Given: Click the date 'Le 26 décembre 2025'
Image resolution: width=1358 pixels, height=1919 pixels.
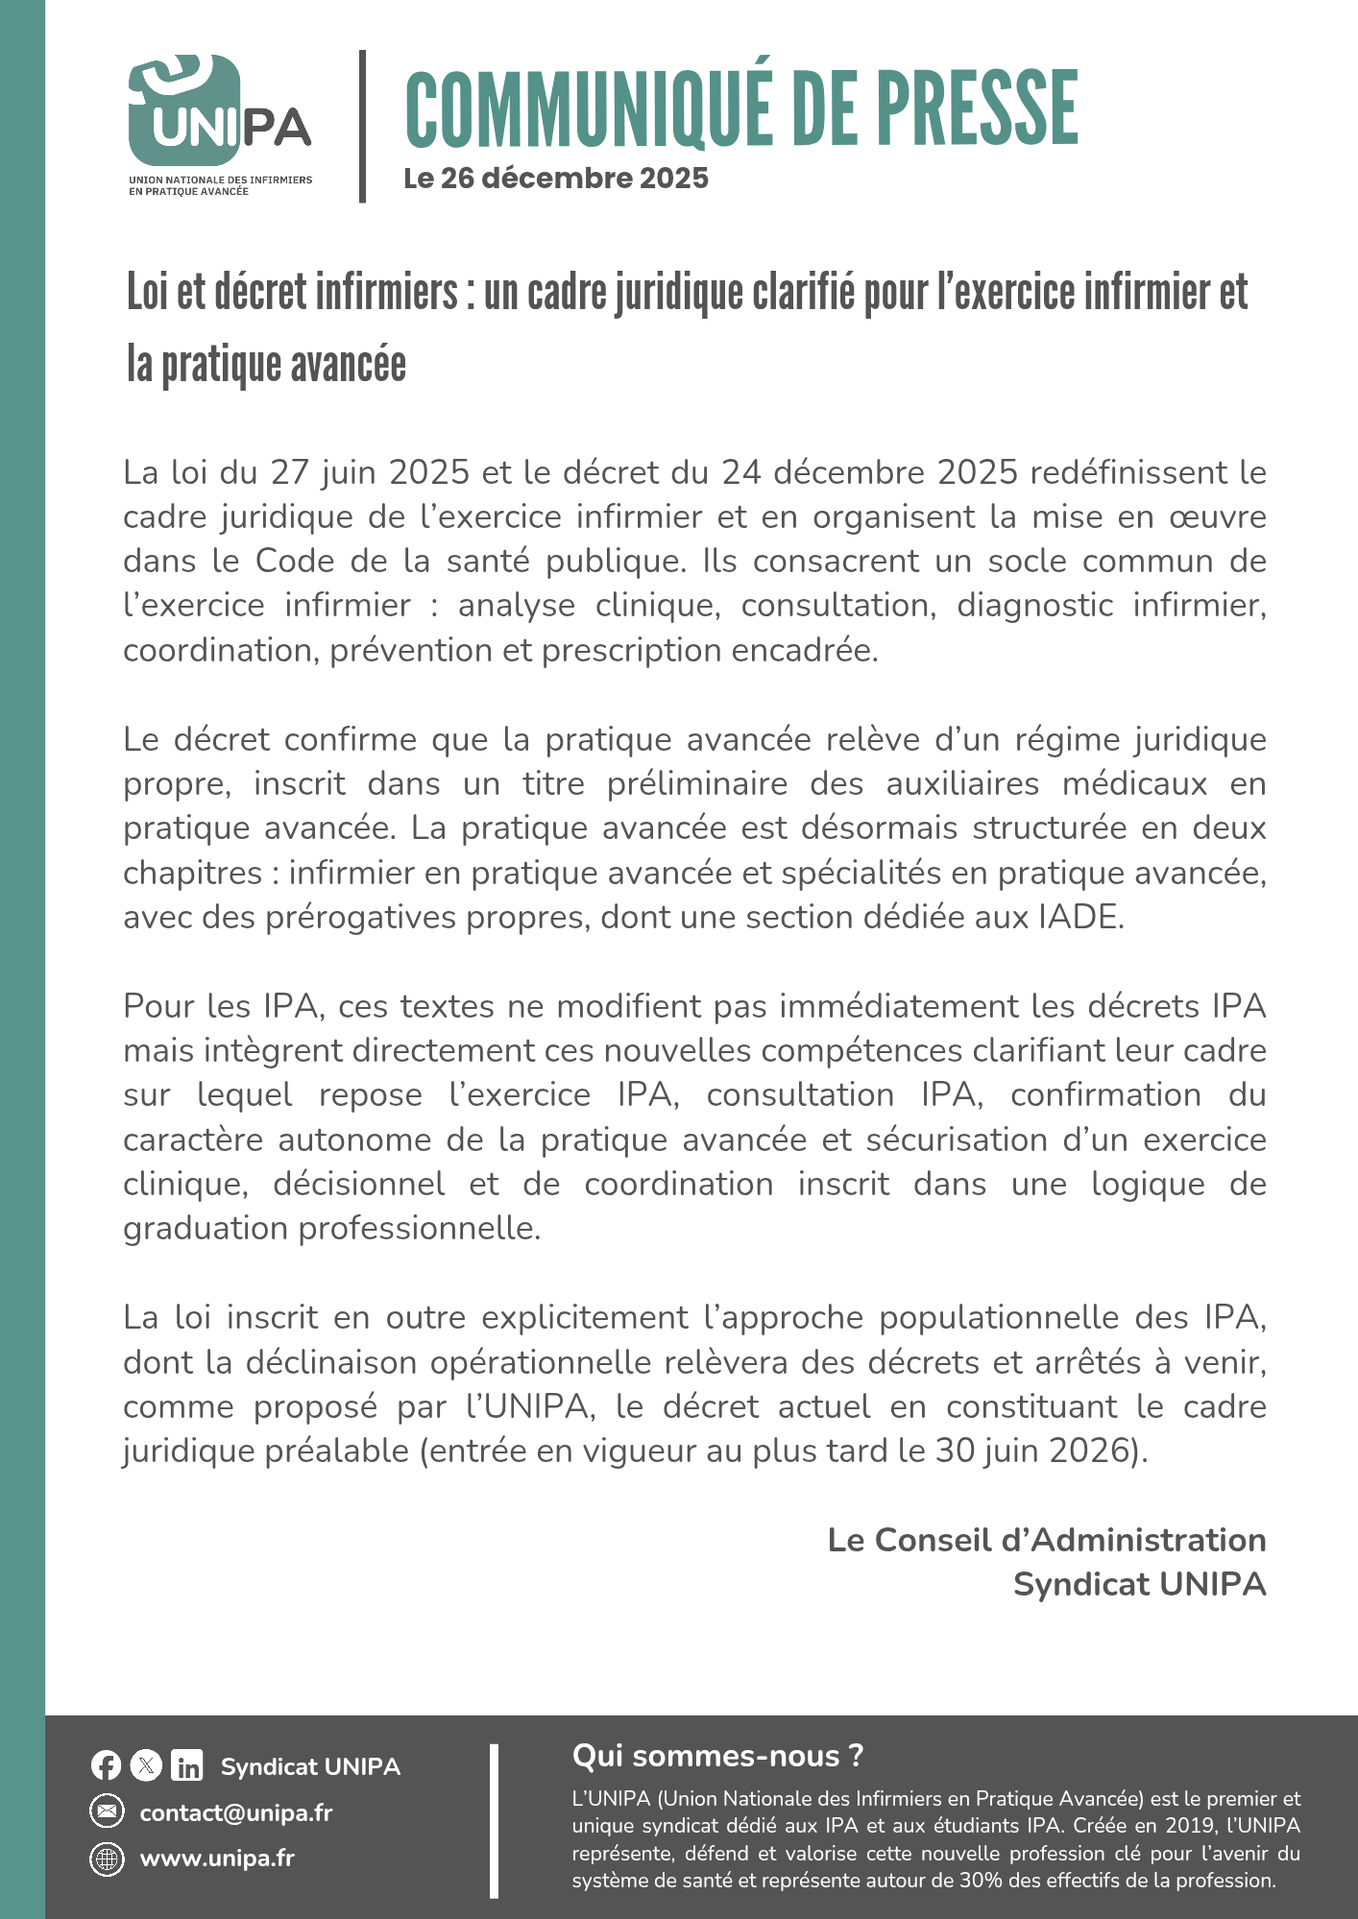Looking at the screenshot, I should (x=556, y=179).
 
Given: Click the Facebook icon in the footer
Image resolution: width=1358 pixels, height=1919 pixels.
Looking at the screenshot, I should (x=106, y=1765).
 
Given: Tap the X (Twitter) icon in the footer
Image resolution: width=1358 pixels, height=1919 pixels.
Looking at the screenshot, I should (x=146, y=1765).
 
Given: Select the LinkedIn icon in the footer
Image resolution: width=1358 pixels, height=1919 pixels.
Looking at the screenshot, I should (x=187, y=1765).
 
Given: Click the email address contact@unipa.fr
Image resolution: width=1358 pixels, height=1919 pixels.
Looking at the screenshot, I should (x=236, y=1812).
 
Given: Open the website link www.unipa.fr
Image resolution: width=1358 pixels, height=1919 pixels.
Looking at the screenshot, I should (x=217, y=1859).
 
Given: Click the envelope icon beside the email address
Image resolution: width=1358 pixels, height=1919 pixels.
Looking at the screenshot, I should (x=107, y=1812).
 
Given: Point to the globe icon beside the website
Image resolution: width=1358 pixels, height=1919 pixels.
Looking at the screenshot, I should (x=107, y=1859).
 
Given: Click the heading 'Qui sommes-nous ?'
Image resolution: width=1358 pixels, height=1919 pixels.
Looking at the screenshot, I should (x=717, y=1756).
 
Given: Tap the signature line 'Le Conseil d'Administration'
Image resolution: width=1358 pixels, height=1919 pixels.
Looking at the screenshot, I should (x=1046, y=1540).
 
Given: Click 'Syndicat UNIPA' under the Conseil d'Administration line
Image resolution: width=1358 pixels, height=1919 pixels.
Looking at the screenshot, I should (x=1139, y=1584).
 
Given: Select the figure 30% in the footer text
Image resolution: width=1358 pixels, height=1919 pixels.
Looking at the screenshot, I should (x=981, y=1881).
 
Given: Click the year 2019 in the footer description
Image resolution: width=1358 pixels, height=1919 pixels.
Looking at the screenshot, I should (x=1188, y=1826).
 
